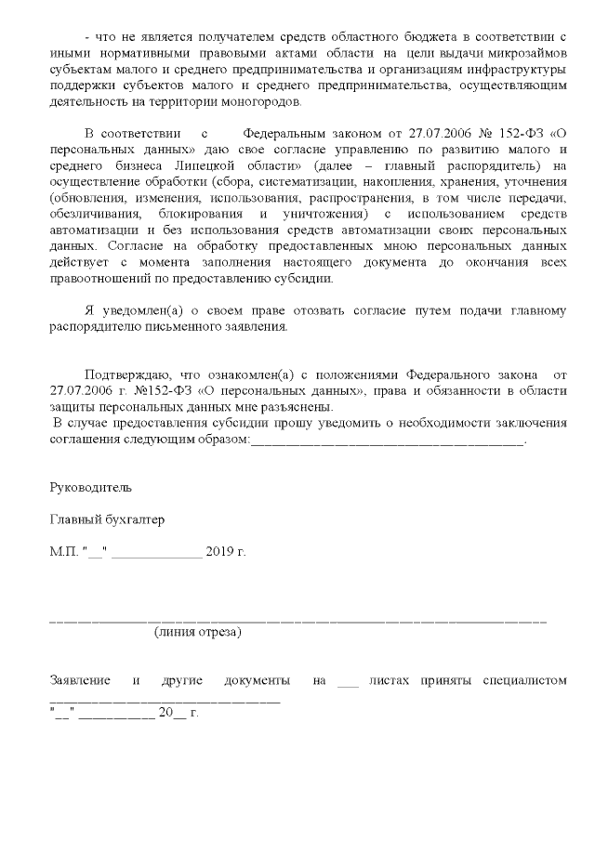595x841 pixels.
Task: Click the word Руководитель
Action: (91, 486)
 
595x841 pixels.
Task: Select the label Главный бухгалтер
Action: (107, 519)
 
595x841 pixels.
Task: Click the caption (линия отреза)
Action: (198, 632)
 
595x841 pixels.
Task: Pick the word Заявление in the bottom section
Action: (80, 680)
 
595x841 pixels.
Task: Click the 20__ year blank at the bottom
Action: (173, 713)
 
